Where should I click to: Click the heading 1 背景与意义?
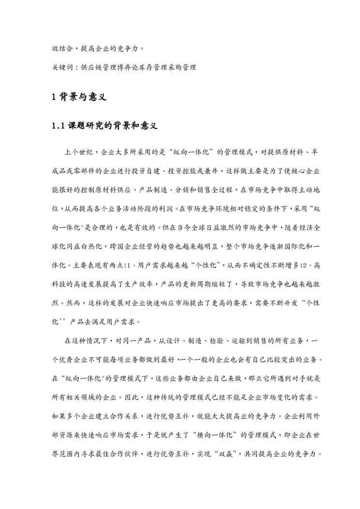point(78,97)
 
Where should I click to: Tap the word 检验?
point(198,341)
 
